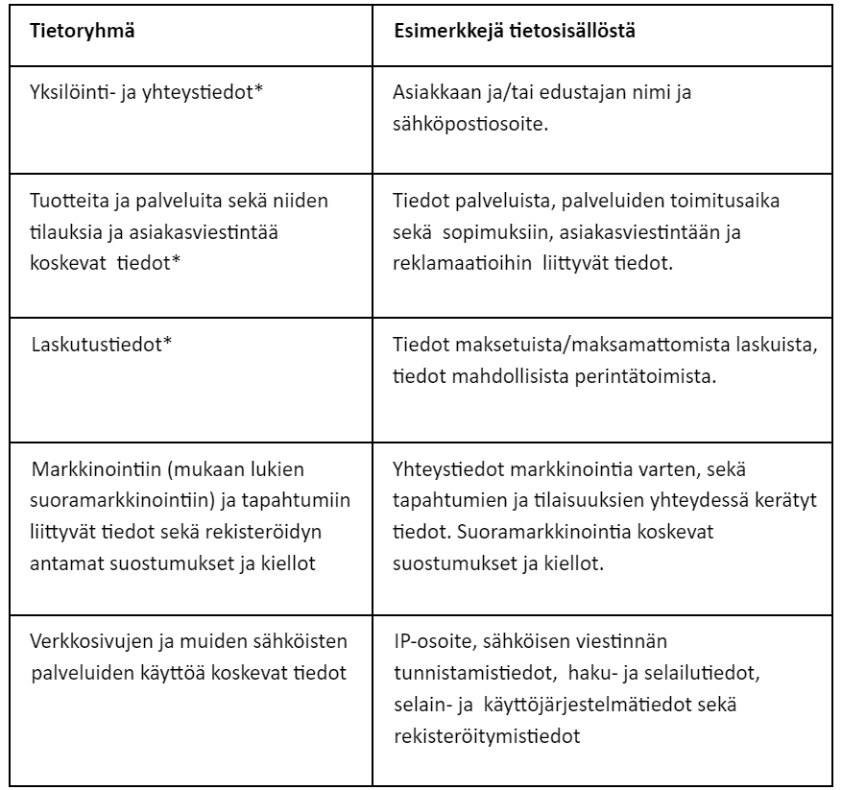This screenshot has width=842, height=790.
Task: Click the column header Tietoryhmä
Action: coord(82,30)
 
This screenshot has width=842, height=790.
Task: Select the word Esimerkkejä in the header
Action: coord(442,30)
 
